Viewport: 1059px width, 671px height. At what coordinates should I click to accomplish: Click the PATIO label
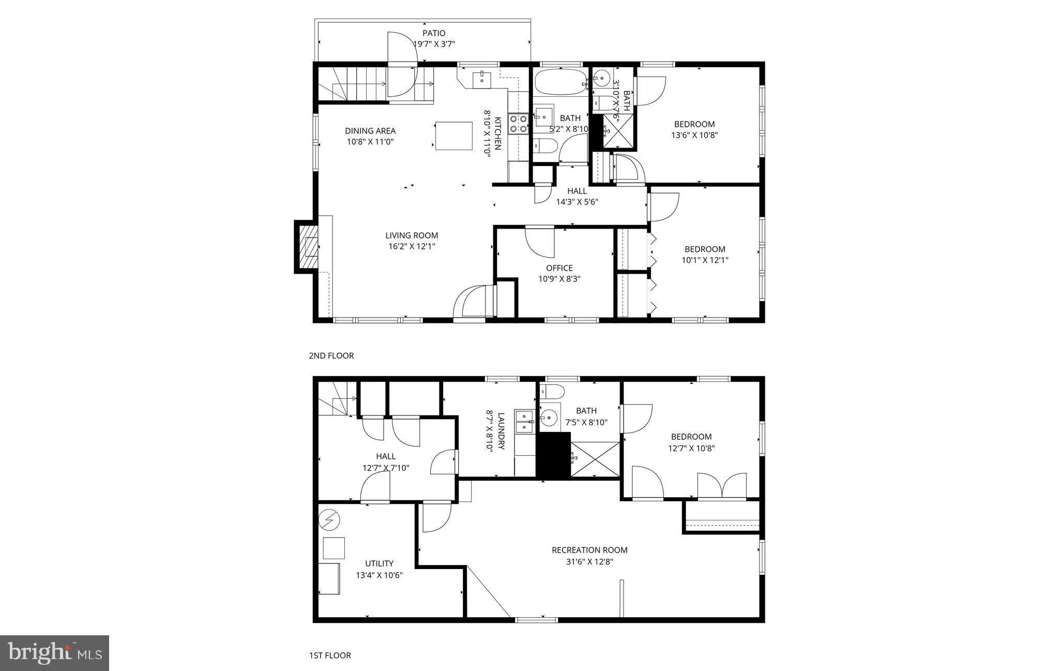[433, 33]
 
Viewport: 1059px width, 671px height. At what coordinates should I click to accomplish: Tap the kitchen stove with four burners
[518, 124]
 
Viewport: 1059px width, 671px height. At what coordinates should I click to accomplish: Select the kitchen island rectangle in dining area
[454, 136]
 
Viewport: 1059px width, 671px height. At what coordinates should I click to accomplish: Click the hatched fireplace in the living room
[309, 246]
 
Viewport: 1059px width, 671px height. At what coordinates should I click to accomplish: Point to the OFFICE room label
[559, 268]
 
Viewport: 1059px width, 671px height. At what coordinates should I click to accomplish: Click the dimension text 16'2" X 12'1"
[412, 246]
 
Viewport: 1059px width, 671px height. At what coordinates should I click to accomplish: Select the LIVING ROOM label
[412, 235]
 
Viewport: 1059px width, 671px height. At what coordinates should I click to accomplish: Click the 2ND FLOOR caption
[331, 355]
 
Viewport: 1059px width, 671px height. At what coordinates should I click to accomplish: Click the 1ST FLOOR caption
[330, 655]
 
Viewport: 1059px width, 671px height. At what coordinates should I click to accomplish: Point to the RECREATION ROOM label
[589, 550]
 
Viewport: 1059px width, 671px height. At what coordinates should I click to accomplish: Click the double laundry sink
[524, 421]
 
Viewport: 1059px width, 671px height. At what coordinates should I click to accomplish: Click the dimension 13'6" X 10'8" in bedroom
[694, 135]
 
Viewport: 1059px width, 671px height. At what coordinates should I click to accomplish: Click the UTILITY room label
[379, 563]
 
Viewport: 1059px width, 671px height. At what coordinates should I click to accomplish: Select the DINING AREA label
[370, 131]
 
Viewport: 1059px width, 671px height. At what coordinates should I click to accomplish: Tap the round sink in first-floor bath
[549, 416]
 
